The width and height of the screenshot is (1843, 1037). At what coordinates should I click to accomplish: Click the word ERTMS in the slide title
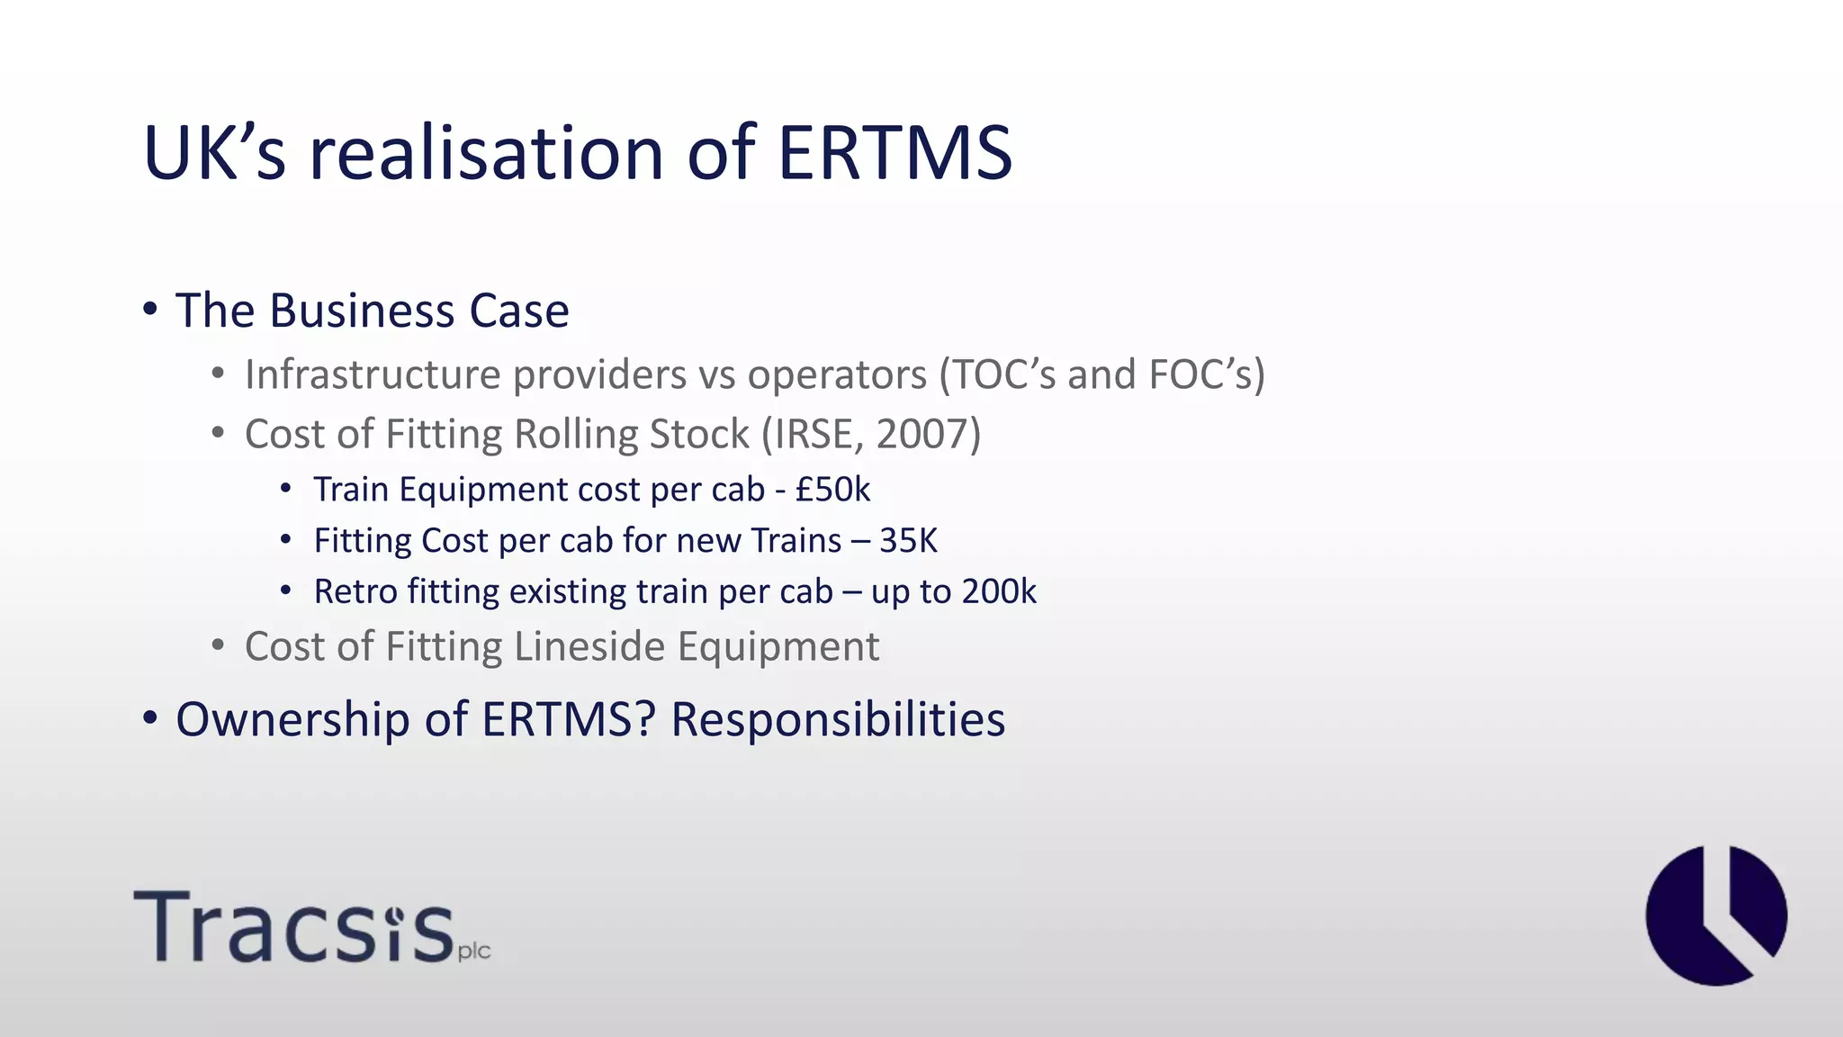click(895, 153)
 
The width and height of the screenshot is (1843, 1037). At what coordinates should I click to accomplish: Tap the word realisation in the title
click(486, 153)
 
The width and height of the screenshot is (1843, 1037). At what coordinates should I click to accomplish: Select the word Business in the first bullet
click(362, 311)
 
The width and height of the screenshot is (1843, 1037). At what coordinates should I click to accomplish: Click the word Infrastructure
click(372, 374)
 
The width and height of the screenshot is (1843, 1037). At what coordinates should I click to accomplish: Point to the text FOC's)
click(1207, 374)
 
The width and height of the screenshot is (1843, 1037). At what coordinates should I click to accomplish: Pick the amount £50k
click(832, 490)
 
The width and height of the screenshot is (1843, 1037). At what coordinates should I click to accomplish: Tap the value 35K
click(908, 541)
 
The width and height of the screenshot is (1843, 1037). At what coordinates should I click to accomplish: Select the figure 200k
click(999, 591)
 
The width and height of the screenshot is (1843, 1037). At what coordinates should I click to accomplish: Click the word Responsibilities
click(838, 719)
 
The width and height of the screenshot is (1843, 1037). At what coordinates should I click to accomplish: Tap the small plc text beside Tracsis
click(474, 951)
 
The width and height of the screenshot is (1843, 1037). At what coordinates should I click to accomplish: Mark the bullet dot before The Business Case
click(150, 310)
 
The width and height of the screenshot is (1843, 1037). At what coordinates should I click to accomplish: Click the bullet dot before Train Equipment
click(286, 490)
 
